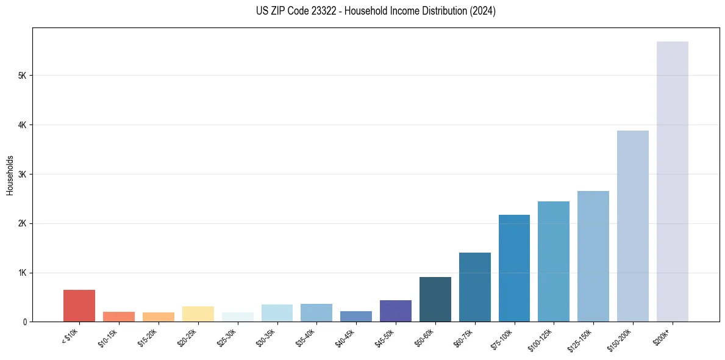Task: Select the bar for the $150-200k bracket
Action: pyautogui.click(x=632, y=226)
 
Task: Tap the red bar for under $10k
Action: pyautogui.click(x=79, y=306)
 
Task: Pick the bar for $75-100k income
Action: pyautogui.click(x=514, y=268)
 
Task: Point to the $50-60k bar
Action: pyautogui.click(x=435, y=299)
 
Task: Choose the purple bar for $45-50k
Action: pyautogui.click(x=395, y=311)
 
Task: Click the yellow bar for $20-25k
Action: pyautogui.click(x=198, y=314)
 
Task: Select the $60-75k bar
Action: pyautogui.click(x=474, y=287)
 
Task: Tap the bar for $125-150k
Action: pyautogui.click(x=593, y=256)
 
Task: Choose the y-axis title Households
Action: pyautogui.click(x=10, y=175)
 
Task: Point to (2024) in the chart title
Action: pyautogui.click(x=482, y=11)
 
